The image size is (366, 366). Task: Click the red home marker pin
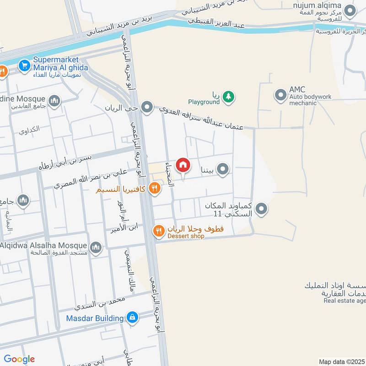183,165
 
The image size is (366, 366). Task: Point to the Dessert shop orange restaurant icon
159,231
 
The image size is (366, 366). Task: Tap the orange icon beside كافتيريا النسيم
155,188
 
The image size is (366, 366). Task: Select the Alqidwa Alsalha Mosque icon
96,248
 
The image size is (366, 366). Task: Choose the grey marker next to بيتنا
223,170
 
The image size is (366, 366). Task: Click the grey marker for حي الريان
147,108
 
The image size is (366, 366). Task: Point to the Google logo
19,359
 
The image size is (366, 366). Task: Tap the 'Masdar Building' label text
95,318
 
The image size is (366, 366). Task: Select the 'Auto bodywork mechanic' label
309,100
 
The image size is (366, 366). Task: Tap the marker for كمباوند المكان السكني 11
261,209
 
